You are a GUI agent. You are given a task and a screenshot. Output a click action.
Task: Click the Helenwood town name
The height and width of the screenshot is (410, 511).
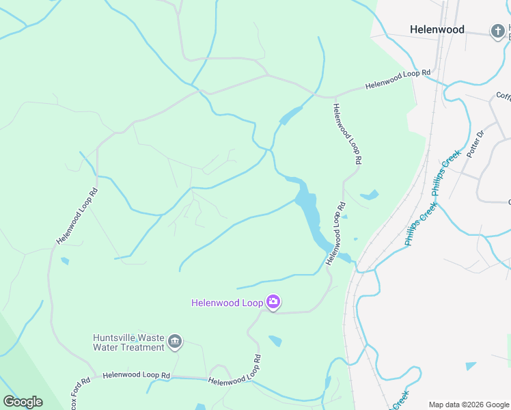tap(437, 29)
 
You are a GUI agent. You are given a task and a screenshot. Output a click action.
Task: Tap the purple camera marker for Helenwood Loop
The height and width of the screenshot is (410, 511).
tap(273, 302)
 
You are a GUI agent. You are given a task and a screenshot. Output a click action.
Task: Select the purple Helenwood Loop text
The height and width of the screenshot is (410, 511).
tap(227, 302)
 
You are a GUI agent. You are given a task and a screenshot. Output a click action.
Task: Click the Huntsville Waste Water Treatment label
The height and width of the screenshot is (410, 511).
tap(129, 342)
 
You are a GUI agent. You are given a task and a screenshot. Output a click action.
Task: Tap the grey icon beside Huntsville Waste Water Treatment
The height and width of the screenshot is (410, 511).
tap(175, 342)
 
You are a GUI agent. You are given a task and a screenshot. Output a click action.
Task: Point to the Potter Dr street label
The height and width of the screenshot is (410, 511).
tap(474, 144)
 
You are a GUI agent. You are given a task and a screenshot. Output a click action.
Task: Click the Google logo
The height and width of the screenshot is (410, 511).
tap(23, 401)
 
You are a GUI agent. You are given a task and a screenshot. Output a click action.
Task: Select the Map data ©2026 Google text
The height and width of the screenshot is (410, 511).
tap(468, 405)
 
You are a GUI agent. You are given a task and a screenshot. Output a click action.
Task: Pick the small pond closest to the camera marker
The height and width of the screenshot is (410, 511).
tap(275, 340)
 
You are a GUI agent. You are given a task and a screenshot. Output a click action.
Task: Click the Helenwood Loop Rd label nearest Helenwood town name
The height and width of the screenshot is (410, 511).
tap(398, 79)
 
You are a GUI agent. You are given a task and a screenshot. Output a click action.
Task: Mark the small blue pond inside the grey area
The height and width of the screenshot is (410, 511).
tap(471, 366)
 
